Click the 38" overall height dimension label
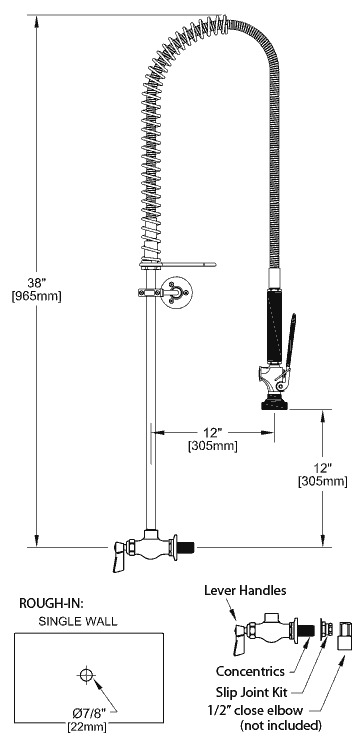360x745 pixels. (x=36, y=283)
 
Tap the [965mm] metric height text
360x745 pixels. (x=36, y=297)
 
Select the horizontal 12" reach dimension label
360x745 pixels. (x=212, y=433)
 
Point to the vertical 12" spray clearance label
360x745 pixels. (x=322, y=468)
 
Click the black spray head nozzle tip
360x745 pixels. (x=273, y=405)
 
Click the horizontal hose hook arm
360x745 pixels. (x=188, y=264)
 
